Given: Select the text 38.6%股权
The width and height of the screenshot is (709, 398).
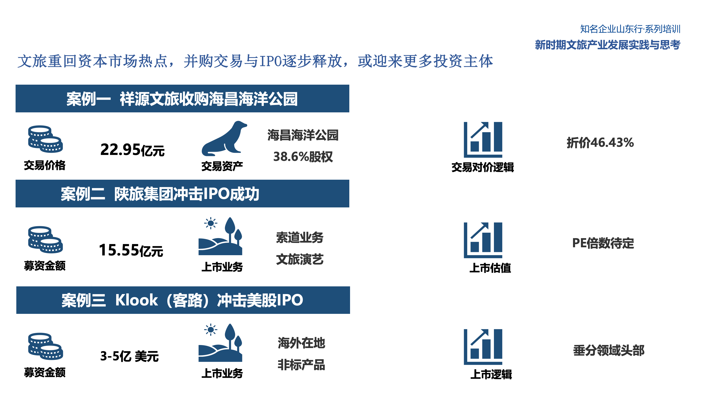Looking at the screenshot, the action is point(303,157).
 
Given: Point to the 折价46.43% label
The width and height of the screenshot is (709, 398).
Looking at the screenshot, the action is point(600,143).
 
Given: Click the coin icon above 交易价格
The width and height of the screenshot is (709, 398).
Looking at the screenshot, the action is point(45,139).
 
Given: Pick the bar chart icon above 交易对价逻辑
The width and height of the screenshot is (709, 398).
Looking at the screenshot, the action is point(483,140).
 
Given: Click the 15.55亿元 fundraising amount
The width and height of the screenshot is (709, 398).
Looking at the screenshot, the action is point(131,250).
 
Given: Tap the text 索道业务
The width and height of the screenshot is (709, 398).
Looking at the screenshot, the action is point(300,238).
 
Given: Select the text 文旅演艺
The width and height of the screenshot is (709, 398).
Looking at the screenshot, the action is point(300,259).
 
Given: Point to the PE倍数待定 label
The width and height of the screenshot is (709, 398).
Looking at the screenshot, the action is point(603,243).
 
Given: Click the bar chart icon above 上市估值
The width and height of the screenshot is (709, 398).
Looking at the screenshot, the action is point(483,240).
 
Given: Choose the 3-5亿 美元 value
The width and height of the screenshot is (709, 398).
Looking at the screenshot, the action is point(129,356).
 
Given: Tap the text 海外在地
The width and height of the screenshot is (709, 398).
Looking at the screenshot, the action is point(301,343).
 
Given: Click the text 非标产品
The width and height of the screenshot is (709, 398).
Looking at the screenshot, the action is point(301,365).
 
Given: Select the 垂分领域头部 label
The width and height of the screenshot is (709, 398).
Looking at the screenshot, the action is point(609,350).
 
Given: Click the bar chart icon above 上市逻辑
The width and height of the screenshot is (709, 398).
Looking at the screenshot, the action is point(483,347).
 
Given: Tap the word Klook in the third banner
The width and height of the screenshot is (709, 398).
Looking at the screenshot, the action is point(136,300).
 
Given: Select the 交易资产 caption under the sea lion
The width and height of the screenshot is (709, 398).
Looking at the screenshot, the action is point(222,166).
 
